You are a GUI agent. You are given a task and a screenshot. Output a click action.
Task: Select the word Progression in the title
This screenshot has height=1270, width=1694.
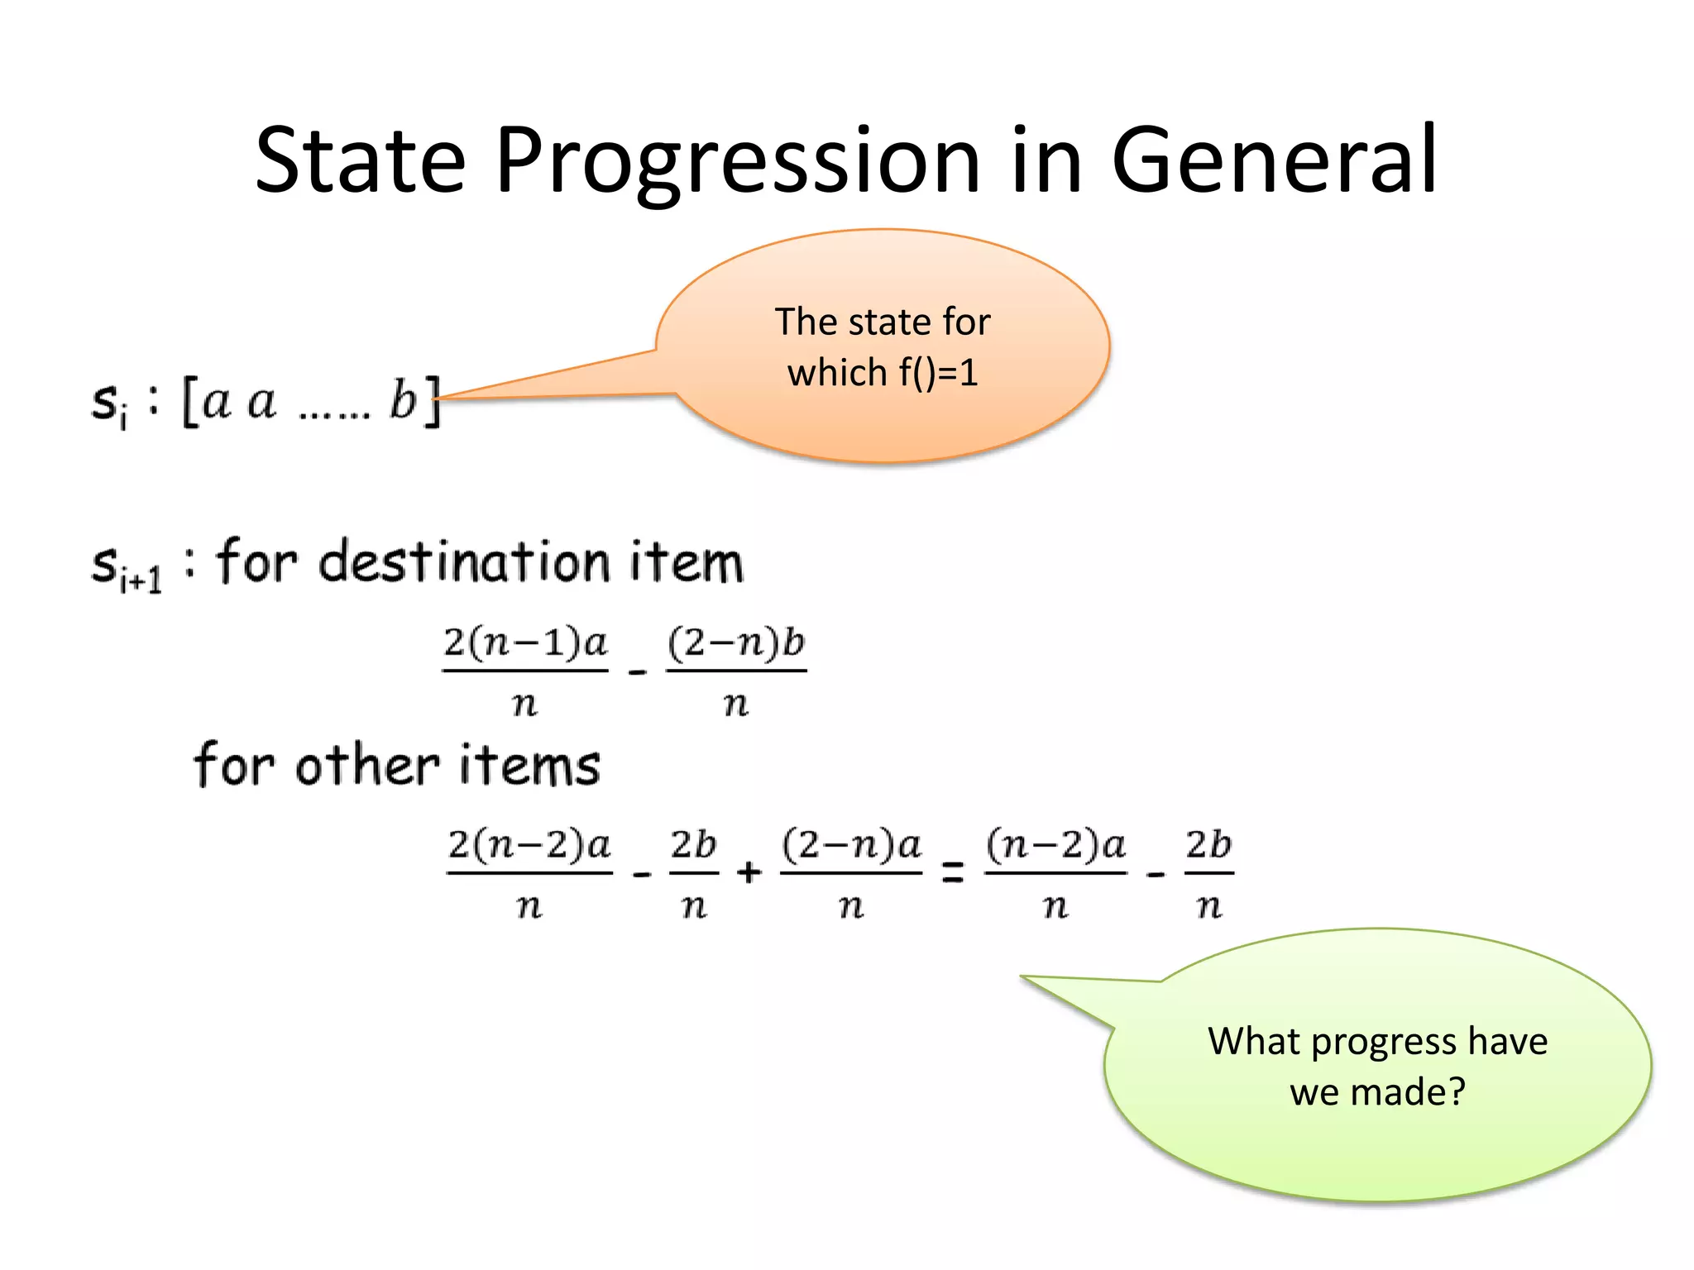coord(737,161)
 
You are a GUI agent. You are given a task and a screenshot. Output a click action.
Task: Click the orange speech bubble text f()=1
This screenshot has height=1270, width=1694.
coord(938,373)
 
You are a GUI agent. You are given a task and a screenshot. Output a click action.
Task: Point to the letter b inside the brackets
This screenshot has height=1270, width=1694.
coord(403,400)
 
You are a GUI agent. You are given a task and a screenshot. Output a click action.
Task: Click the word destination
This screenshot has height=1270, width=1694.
coord(463,562)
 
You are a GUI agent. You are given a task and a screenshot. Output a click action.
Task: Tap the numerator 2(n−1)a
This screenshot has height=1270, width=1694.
coord(525,643)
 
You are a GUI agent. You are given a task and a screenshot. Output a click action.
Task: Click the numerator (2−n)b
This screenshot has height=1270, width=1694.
coord(736,643)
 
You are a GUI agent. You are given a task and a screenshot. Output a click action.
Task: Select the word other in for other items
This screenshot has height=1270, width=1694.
coord(367,765)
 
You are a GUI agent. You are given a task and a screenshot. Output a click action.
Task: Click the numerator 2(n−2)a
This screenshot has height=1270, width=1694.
coord(529,845)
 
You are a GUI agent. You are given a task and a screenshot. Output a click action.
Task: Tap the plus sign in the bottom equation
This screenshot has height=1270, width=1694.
coord(749,872)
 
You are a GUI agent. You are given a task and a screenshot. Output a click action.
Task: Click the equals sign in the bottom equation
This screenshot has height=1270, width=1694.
coord(953,872)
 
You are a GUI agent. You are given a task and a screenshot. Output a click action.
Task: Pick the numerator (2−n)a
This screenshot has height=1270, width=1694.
coord(851,845)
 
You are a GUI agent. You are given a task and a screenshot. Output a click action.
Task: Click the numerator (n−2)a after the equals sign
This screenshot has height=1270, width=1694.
coord(1055,845)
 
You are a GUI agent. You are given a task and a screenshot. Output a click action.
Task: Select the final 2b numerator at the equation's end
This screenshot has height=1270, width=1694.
coord(1208,845)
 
